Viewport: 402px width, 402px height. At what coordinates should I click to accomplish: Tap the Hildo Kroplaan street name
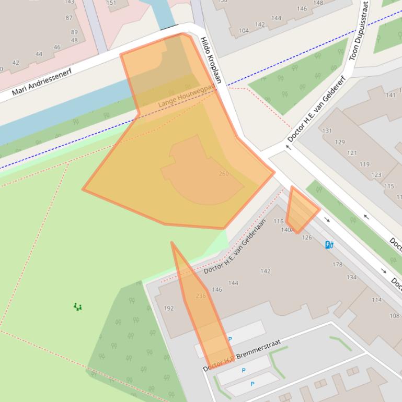click(x=211, y=60)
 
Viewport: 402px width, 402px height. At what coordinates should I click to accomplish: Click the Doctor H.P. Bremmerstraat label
click(x=242, y=356)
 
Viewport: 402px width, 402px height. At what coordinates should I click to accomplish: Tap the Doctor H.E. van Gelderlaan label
click(x=232, y=254)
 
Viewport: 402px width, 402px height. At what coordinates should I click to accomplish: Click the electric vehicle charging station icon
click(x=329, y=244)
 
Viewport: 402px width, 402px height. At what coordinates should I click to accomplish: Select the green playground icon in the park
click(x=78, y=307)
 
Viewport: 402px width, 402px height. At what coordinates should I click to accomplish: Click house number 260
click(x=223, y=174)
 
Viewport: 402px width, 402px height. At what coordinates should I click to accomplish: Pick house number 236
click(x=200, y=296)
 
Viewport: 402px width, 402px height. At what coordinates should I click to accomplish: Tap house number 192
click(x=168, y=309)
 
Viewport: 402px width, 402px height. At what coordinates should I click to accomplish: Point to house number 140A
click(x=286, y=230)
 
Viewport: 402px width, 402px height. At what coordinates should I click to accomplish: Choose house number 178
click(x=337, y=265)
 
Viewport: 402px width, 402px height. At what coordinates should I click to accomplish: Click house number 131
click(x=327, y=131)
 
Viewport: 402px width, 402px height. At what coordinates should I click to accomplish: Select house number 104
click(x=244, y=31)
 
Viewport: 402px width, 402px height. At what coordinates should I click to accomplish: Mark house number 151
click(x=111, y=3)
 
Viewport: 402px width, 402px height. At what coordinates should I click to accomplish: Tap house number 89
click(x=74, y=32)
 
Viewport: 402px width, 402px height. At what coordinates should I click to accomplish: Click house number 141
click(x=390, y=95)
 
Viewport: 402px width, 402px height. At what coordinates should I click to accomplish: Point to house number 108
click(x=394, y=315)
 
